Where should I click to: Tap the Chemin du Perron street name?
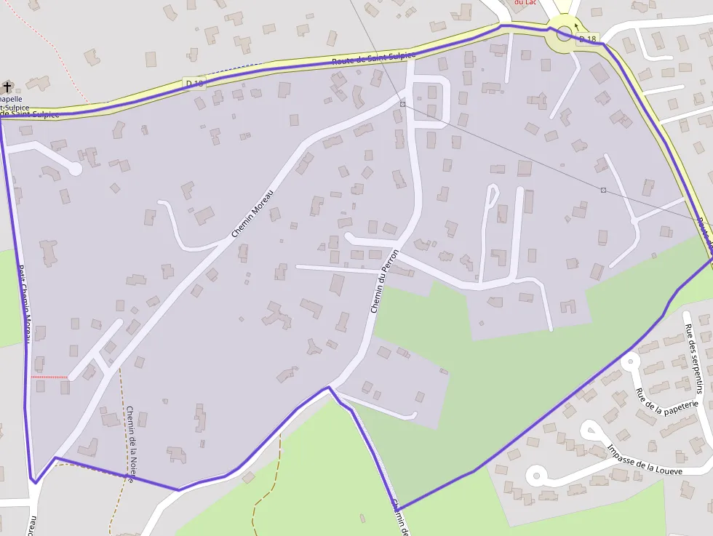click(385, 281)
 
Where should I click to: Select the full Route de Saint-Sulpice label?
click(373, 58)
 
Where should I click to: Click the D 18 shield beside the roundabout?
click(586, 39)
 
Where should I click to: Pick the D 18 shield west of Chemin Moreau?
click(194, 84)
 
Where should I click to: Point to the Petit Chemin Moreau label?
click(25, 303)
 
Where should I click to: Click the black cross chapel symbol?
click(7, 87)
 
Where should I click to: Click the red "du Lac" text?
click(526, 2)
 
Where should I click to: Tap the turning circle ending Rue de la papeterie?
click(630, 360)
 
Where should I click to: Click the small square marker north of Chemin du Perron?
click(402, 104)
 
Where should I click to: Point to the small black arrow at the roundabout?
click(576, 28)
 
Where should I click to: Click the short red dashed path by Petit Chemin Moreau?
click(49, 377)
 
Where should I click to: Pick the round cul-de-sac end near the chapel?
click(74, 169)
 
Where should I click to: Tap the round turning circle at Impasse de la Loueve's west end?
click(536, 476)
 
